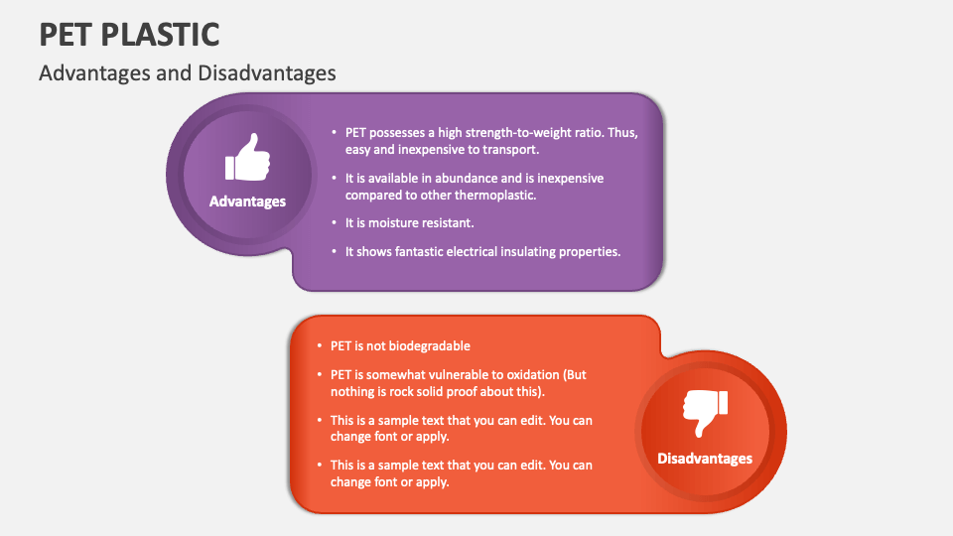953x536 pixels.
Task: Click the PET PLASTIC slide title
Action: (x=129, y=34)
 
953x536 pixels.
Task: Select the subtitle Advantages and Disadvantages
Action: (x=187, y=73)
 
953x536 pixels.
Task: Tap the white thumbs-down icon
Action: (x=705, y=413)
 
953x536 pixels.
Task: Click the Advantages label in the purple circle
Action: (x=247, y=201)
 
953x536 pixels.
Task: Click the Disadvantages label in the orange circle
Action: (x=705, y=459)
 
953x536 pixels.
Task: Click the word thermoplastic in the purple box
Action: (x=493, y=196)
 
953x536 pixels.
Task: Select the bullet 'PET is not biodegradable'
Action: (x=400, y=346)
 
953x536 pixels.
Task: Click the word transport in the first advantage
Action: (x=510, y=150)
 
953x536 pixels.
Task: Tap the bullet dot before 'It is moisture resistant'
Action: (x=334, y=223)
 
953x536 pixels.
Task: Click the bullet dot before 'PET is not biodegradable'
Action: (x=319, y=346)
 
